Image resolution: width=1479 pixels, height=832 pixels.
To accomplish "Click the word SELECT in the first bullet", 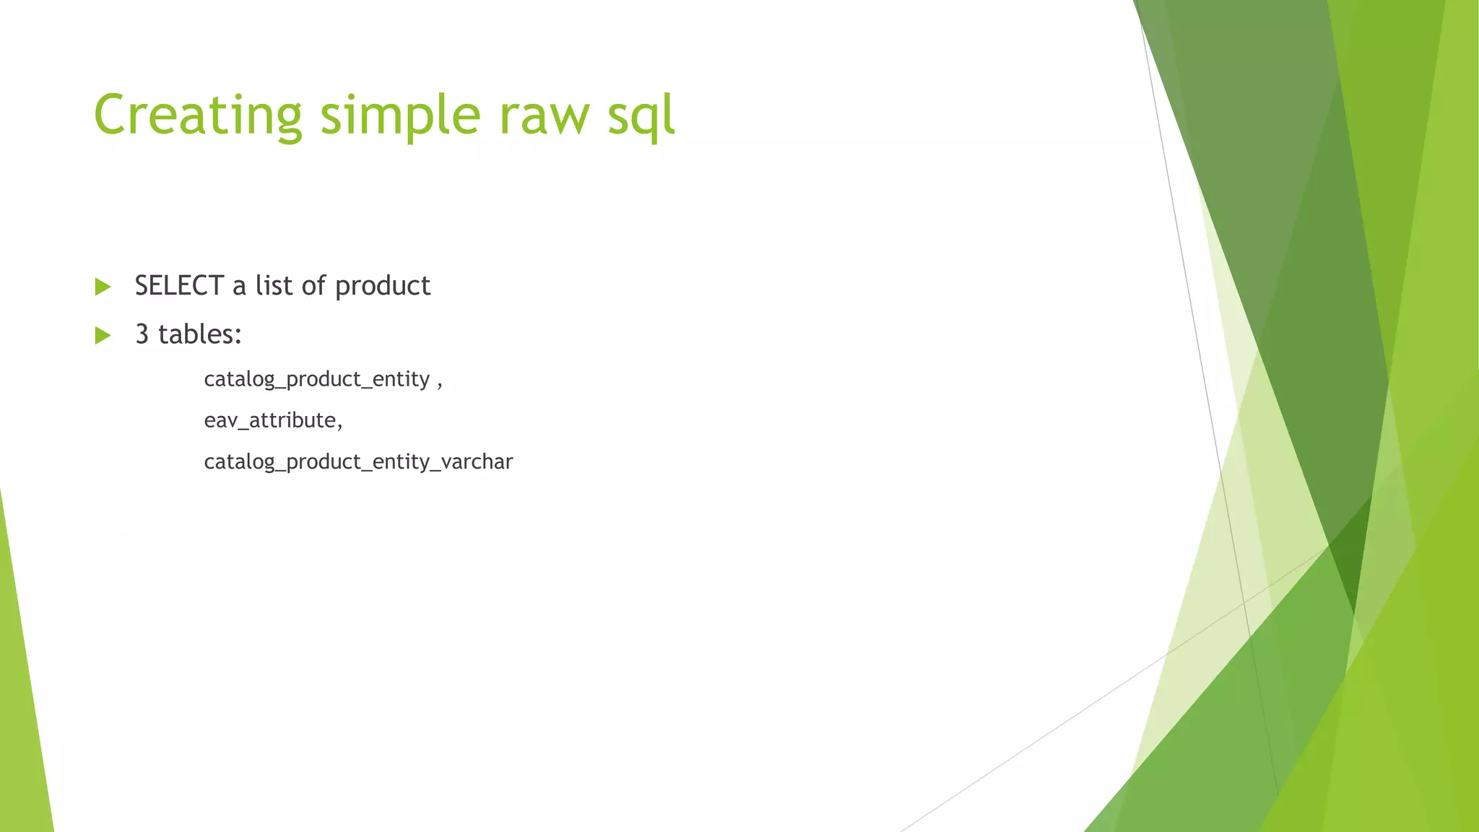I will [179, 286].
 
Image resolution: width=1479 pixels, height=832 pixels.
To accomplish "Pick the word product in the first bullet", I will [383, 286].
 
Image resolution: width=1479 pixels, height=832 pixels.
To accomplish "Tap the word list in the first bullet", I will [274, 286].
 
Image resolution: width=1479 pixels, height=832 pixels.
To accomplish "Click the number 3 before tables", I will [142, 334].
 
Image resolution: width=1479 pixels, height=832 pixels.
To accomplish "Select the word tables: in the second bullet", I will [200, 334].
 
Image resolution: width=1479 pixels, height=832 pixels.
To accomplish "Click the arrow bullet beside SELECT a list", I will [103, 287].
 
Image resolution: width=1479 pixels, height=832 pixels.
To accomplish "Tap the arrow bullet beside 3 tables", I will [103, 335].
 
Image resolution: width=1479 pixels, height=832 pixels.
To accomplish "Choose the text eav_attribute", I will [270, 420].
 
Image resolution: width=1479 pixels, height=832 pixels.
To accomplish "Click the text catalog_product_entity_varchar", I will [358, 461].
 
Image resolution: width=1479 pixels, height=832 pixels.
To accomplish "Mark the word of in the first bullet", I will [313, 286].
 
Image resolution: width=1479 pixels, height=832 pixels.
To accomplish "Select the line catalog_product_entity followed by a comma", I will [318, 379].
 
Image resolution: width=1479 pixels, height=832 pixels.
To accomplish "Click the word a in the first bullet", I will [239, 287].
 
